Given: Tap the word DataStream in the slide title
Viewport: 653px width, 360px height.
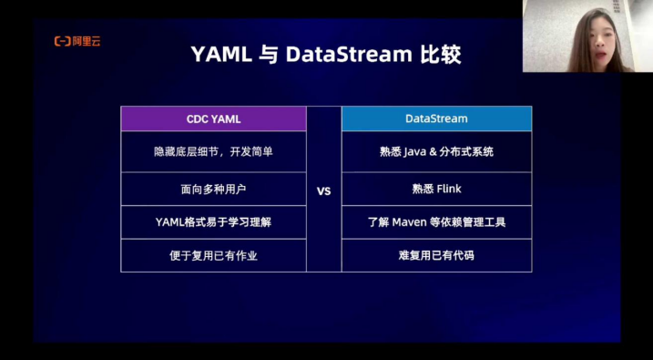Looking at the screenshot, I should click(x=349, y=55).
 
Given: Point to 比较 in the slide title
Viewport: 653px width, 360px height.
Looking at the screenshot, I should click(x=442, y=55).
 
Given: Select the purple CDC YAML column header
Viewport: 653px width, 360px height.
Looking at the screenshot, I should click(x=213, y=118).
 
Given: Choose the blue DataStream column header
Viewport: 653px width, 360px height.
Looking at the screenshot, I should click(x=436, y=118).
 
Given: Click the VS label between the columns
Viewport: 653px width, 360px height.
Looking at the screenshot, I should click(x=323, y=192).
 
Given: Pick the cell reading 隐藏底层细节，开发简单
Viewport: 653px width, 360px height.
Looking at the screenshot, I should click(x=213, y=151).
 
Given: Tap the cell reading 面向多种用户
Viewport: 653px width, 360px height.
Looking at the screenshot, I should click(x=213, y=190).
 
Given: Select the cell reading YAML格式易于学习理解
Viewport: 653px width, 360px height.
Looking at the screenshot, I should click(x=213, y=221).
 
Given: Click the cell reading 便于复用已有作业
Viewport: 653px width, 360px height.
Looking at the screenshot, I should click(x=213, y=255).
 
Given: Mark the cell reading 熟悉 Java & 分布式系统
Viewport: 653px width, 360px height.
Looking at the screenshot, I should click(x=436, y=151).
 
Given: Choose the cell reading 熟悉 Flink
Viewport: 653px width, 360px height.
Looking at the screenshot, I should click(x=436, y=190).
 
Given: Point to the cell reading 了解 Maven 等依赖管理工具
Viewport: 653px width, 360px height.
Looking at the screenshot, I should click(x=436, y=221).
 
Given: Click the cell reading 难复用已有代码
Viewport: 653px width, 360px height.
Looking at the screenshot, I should click(x=436, y=255).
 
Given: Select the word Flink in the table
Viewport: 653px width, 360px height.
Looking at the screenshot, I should click(x=448, y=190).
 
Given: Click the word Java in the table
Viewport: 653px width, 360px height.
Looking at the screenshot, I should click(x=414, y=151).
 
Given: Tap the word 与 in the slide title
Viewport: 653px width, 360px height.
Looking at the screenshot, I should click(x=269, y=55).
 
